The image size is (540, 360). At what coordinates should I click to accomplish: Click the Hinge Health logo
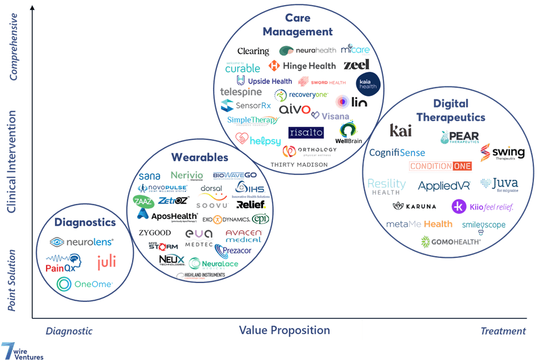tap(302, 66)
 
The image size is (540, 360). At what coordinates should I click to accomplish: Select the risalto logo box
tap(306, 133)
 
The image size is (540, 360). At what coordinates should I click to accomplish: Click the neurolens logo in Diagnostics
tap(82, 242)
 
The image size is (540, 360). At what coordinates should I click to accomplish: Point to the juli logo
tap(107, 262)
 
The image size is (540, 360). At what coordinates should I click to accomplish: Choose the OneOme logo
tap(85, 284)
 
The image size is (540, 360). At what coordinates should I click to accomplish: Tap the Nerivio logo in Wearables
tap(186, 176)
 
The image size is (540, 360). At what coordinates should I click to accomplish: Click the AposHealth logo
tap(167, 216)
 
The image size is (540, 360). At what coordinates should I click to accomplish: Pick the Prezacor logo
tap(233, 251)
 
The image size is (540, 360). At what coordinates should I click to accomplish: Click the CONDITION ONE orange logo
tap(441, 166)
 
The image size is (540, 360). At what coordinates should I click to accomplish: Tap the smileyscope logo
tap(483, 227)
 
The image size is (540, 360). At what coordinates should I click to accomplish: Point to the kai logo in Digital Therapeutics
tap(400, 130)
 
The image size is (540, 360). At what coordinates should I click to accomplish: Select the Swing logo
tap(502, 153)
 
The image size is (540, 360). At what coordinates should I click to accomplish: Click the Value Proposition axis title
tap(284, 331)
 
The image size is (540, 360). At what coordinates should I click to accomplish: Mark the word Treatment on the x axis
tap(503, 331)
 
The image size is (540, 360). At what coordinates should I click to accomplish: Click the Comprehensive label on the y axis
tap(14, 47)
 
